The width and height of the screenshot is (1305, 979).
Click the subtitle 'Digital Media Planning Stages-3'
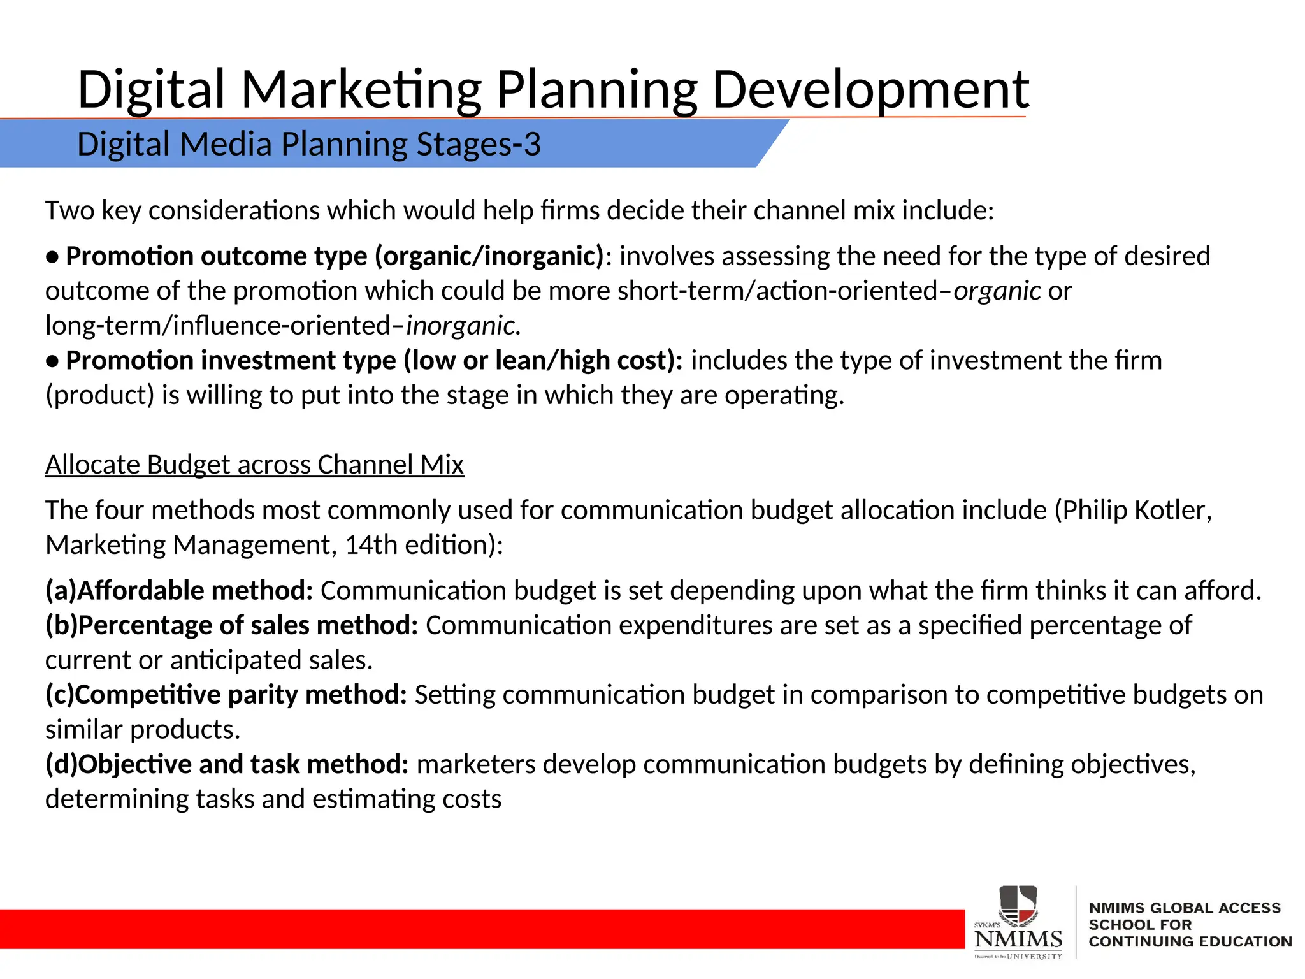tap(309, 144)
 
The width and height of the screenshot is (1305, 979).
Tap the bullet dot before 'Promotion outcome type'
tap(53, 257)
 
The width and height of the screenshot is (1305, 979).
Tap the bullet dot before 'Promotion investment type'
tap(53, 361)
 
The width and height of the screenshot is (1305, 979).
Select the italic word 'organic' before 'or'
tap(997, 291)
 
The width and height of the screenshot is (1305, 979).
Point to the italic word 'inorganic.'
tap(464, 326)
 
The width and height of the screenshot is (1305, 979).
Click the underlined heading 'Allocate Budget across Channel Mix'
tap(255, 465)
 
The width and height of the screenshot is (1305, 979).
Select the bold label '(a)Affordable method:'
tap(179, 591)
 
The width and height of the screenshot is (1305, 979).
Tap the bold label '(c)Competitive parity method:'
tap(226, 695)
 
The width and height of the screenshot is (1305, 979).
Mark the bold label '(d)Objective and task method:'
tap(227, 764)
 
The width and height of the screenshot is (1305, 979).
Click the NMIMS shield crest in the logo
tap(1018, 906)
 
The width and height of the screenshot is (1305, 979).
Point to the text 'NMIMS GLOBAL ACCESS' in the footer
tap(1185, 908)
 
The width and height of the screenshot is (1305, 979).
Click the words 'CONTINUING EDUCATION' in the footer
tap(1190, 942)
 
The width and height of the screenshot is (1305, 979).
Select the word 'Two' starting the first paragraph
tap(69, 210)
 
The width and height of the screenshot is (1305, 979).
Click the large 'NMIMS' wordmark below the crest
tap(1018, 939)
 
